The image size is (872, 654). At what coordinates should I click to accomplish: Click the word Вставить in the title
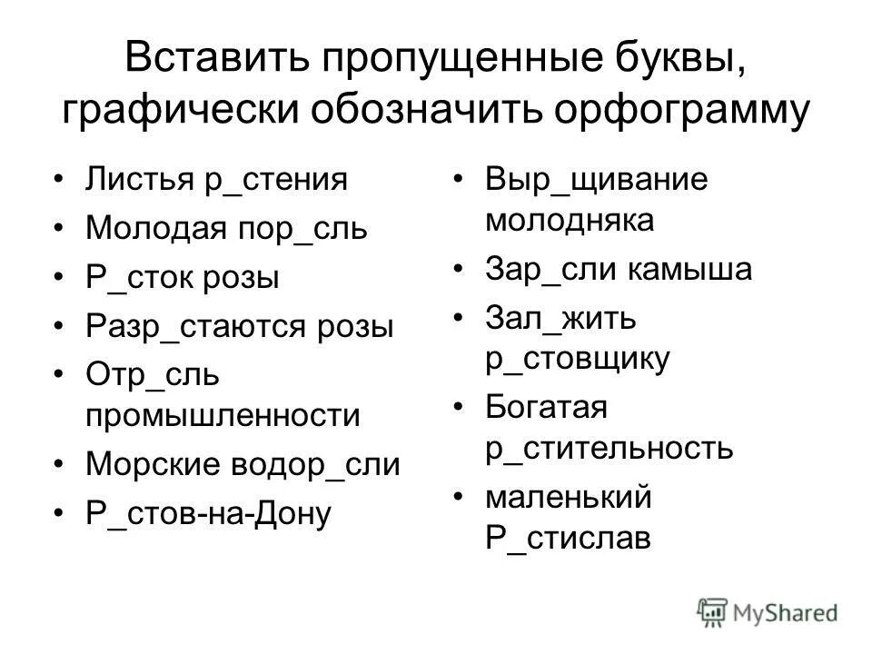pos(209,61)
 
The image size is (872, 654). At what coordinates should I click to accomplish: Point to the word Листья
pos(137,178)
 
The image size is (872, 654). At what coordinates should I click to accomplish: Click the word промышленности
pos(223,415)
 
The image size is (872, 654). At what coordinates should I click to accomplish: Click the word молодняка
pos(570,219)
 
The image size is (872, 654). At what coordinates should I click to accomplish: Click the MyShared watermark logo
pos(768,610)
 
